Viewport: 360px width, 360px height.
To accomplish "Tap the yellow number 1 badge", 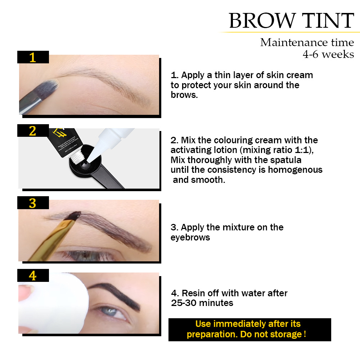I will click(33, 57).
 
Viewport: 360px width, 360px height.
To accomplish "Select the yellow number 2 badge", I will click(33, 131).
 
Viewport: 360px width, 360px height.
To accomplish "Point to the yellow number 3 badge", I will click(33, 203).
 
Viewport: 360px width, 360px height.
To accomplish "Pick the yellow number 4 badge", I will click(33, 276).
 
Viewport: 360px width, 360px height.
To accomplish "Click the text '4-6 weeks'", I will click(328, 54).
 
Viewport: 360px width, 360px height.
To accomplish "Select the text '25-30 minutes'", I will click(202, 303).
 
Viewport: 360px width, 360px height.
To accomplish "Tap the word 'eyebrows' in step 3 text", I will click(190, 237).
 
